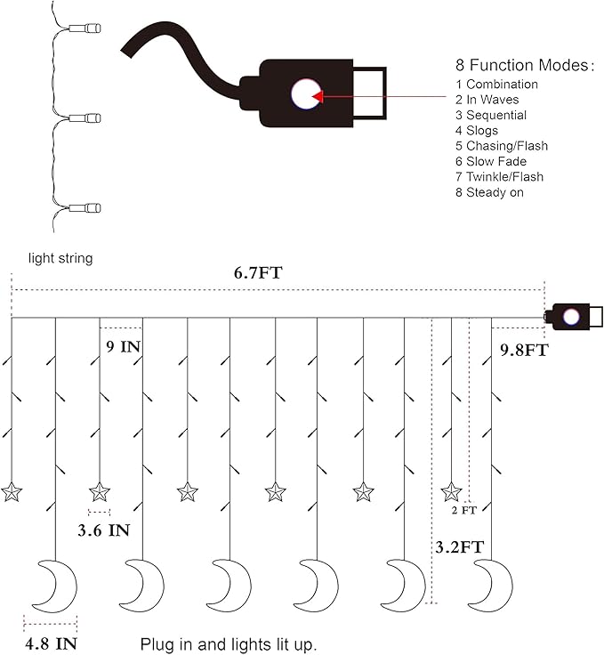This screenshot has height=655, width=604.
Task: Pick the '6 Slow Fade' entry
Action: coord(490,161)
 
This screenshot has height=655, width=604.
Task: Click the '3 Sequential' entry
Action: coord(490,116)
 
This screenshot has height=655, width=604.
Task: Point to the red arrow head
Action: coord(318,95)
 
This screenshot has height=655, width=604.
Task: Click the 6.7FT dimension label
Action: coord(258,273)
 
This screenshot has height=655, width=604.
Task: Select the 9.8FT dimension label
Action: coord(523,351)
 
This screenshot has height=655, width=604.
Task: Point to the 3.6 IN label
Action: coord(101,530)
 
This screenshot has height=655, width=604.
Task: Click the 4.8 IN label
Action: coord(51,642)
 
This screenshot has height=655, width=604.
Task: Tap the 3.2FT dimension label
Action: coord(459,546)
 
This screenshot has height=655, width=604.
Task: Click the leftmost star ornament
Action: coord(12,491)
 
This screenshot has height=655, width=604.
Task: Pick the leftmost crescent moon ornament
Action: coord(53,584)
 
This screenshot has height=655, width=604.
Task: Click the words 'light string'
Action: coord(60,258)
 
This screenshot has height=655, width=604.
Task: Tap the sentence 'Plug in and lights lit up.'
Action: coord(228,643)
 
